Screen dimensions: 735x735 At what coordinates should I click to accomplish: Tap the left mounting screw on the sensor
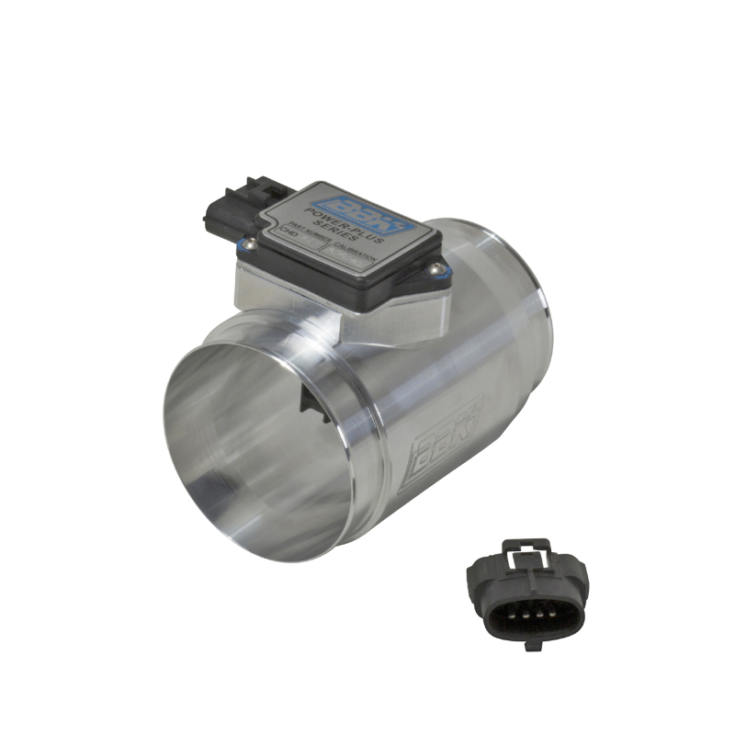click(x=245, y=243)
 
